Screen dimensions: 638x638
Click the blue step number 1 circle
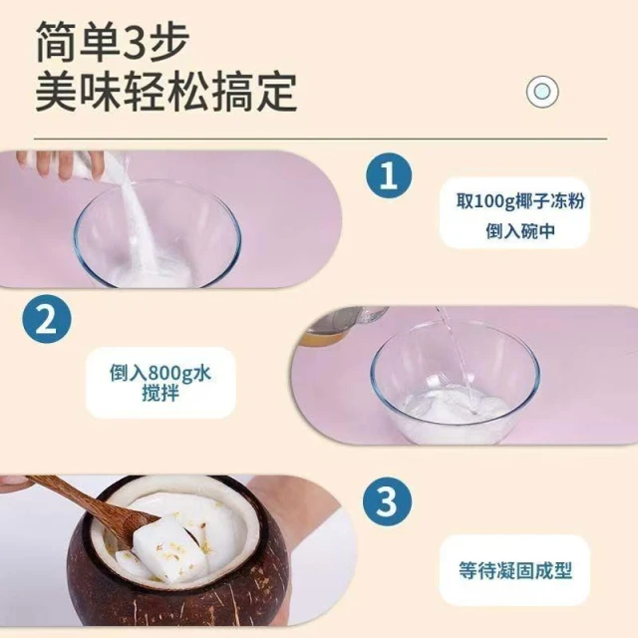pyautogui.click(x=389, y=175)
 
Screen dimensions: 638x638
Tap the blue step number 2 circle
pyautogui.click(x=47, y=319)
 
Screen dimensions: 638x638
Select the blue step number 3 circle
pyautogui.click(x=387, y=500)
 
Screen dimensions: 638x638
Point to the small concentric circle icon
pyautogui.click(x=542, y=91)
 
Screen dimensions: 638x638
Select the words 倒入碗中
pyautogui.click(x=520, y=231)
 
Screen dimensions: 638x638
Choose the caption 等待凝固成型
pyautogui.click(x=515, y=570)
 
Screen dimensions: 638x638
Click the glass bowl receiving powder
pyautogui.click(x=158, y=236)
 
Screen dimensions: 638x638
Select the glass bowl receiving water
pyautogui.click(x=455, y=383)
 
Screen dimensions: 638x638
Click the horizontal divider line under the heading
pyautogui.click(x=321, y=139)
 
